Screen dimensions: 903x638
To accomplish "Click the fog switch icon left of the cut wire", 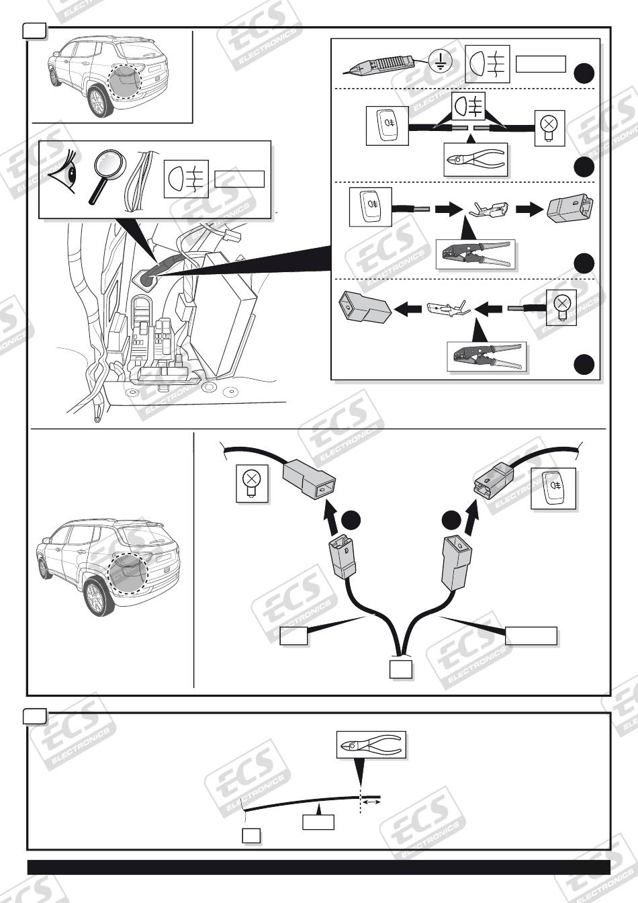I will coord(388,125).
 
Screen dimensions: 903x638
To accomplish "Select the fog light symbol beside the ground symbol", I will coord(488,63).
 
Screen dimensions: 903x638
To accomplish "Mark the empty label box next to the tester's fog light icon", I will coord(541,64).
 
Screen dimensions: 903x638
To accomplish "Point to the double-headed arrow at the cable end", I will coord(372,802).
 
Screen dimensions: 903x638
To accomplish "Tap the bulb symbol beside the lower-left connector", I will coord(251,483).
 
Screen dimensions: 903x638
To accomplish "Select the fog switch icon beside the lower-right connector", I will coord(554,488).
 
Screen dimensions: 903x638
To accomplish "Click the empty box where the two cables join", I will coord(401,669).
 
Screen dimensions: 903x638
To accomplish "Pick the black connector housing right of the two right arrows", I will coord(569,208).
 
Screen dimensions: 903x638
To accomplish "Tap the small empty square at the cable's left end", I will coord(250,835).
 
